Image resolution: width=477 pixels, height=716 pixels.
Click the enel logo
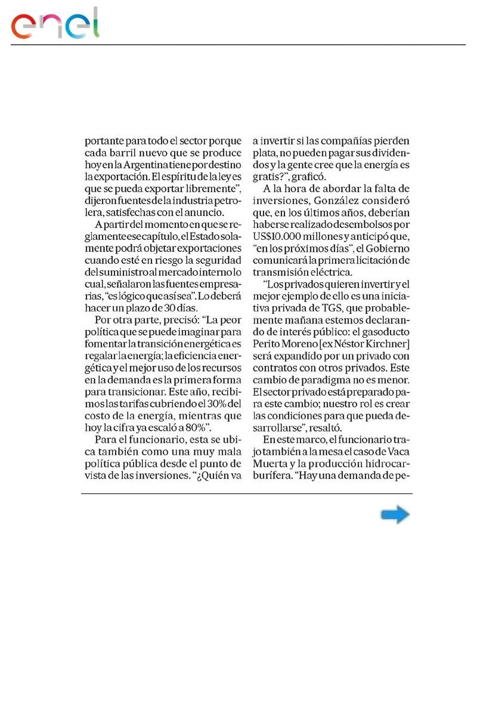[x=55, y=24]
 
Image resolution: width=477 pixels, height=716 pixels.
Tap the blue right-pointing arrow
[x=395, y=515]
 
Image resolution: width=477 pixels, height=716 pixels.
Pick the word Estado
[x=206, y=236]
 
